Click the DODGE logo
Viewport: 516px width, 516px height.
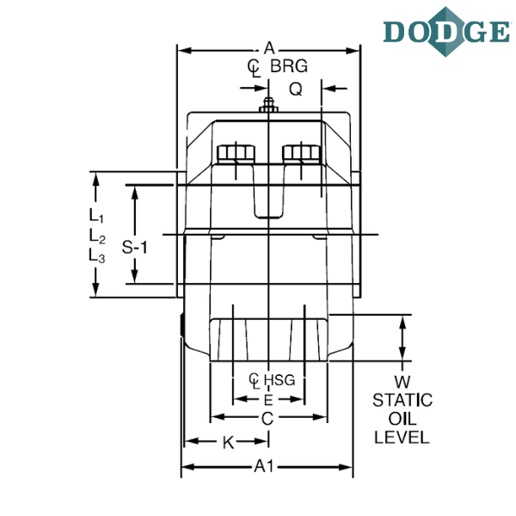coord(446,32)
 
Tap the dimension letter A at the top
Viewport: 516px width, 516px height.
coord(269,48)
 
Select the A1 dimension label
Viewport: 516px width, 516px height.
coord(264,466)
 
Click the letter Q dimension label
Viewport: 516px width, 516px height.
coord(296,89)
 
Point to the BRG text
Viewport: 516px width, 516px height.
coord(289,66)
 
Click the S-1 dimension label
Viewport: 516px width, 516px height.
coord(135,247)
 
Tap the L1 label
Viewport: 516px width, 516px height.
coord(96,216)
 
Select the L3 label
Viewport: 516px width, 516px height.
coord(96,256)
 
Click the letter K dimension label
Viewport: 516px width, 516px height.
coord(228,443)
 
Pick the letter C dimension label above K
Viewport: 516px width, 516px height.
coord(267,419)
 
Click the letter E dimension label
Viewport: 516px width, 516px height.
coord(268,400)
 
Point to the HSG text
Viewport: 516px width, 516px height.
coord(279,380)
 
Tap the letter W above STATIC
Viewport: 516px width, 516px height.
coord(402,382)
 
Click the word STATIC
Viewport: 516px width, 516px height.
coord(402,400)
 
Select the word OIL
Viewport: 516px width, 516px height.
coord(402,419)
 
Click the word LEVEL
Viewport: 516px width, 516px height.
coord(402,438)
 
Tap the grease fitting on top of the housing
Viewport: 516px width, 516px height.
coord(268,105)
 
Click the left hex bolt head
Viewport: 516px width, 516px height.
coord(236,154)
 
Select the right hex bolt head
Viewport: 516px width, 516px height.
coord(301,154)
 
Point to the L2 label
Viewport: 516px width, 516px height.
coord(96,236)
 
